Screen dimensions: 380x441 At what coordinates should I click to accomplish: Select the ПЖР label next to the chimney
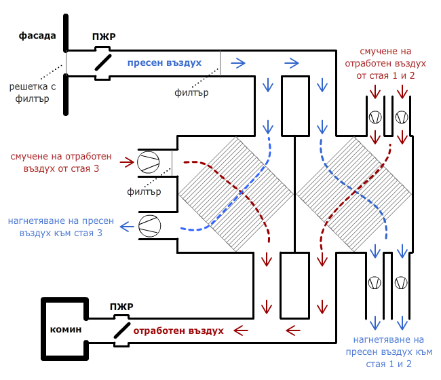[x=120, y=307]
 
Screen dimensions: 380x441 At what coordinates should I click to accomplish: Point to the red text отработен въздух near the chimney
[x=178, y=331]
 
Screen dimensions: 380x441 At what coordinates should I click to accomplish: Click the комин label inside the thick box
[x=65, y=329]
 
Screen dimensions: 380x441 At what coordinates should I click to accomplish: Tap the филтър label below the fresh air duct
[x=191, y=92]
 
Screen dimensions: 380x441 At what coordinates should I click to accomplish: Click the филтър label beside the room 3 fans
[x=144, y=191]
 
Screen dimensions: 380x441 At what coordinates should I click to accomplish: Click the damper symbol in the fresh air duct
[x=102, y=62]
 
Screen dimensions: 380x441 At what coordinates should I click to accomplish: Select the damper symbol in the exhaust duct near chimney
[x=121, y=330]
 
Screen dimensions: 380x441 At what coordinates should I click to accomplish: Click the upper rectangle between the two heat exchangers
[x=294, y=104]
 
